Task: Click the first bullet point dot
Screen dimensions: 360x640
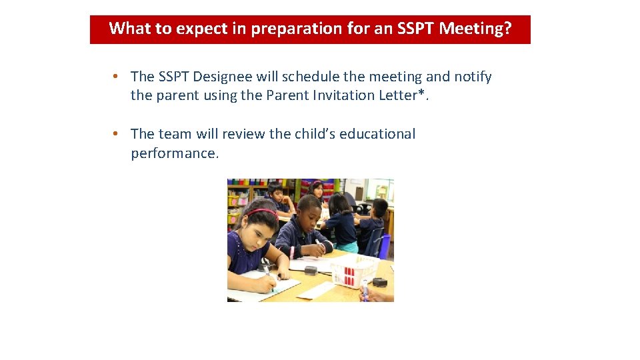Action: pos(115,77)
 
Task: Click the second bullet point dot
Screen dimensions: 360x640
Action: pos(115,134)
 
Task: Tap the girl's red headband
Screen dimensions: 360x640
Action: pos(264,213)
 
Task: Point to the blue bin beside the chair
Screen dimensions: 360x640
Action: pos(385,246)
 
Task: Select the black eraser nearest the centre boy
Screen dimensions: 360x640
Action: pos(310,271)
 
